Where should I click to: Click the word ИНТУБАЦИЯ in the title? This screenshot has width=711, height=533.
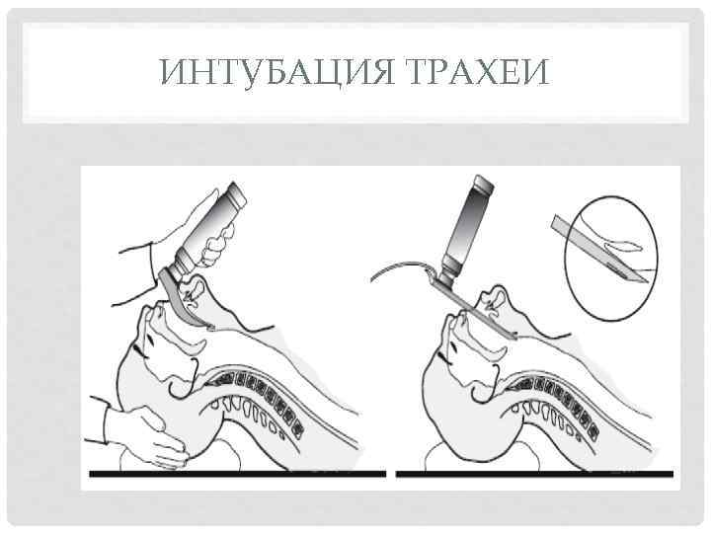pyautogui.click(x=264, y=72)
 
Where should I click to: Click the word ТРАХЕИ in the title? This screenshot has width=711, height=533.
pyautogui.click(x=468, y=72)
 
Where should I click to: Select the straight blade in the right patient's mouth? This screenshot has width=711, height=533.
pyautogui.click(x=484, y=312)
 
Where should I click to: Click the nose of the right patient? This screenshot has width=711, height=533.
pyautogui.click(x=453, y=318)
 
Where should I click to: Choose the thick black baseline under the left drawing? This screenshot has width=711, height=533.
pyautogui.click(x=237, y=475)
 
